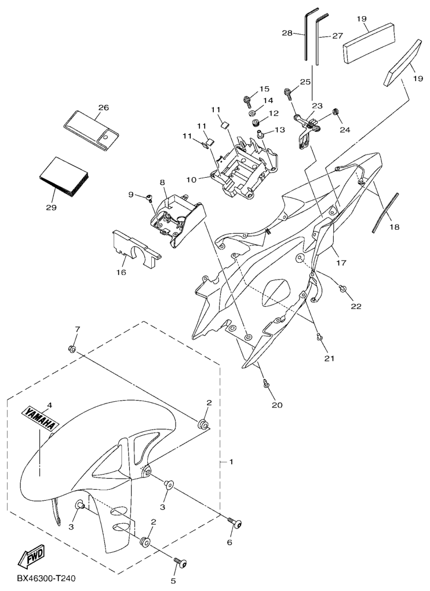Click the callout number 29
[x=51, y=207]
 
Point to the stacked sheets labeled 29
[x=64, y=177]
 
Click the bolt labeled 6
[x=234, y=523]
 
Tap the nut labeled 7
[x=73, y=348]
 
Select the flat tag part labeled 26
[x=90, y=129]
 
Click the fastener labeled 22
[x=343, y=288]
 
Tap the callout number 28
[x=287, y=33]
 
